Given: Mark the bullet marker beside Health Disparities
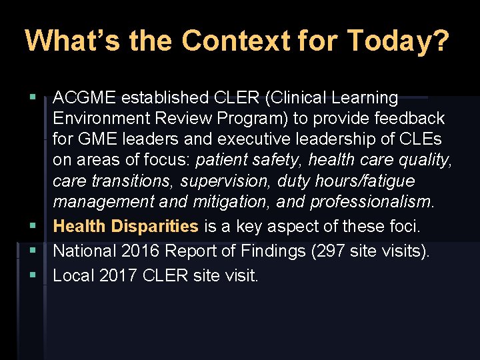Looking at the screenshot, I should (x=33, y=227).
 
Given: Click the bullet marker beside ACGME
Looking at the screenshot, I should (x=33, y=98).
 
